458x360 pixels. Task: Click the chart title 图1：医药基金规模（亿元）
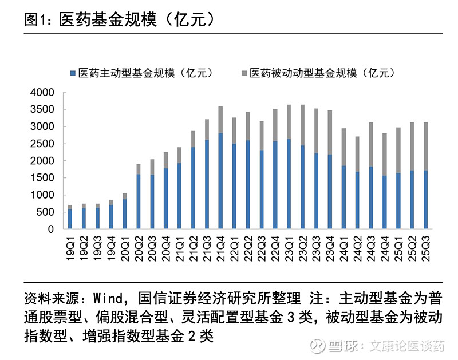tap(120, 19)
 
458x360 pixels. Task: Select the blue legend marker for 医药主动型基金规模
tap(72, 73)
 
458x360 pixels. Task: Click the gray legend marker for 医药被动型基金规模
tap(244, 73)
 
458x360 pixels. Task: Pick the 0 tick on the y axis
tap(50, 230)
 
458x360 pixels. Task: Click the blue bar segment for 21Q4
tap(220, 181)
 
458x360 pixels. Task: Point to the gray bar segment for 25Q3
tap(425, 146)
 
